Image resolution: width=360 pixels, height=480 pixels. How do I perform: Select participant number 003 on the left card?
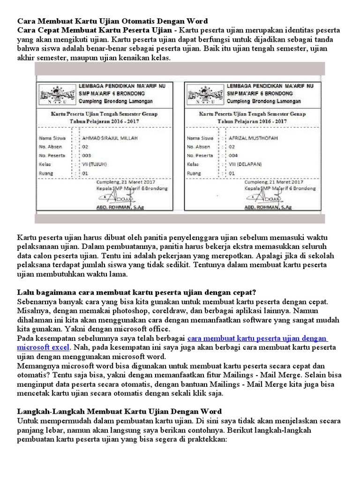(87, 156)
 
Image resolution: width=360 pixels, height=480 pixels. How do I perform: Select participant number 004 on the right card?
(233, 156)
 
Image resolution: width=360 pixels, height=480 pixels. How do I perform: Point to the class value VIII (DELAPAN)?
(245, 164)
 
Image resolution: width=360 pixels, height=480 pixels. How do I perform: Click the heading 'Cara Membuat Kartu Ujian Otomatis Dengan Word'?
(112, 21)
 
